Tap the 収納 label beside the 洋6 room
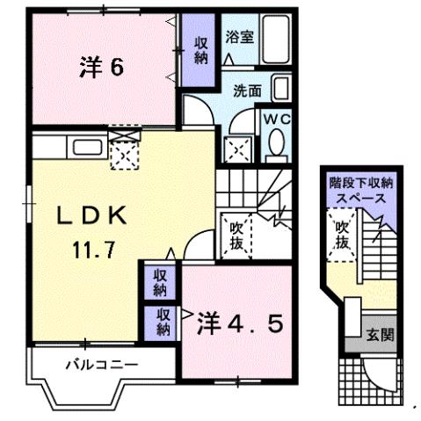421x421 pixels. (x=201, y=49)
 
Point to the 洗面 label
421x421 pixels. (x=246, y=90)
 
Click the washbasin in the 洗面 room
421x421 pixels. (x=279, y=88)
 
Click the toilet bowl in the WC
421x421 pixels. (x=276, y=143)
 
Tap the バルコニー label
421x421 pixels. (x=99, y=363)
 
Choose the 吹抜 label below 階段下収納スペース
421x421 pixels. (x=341, y=236)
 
